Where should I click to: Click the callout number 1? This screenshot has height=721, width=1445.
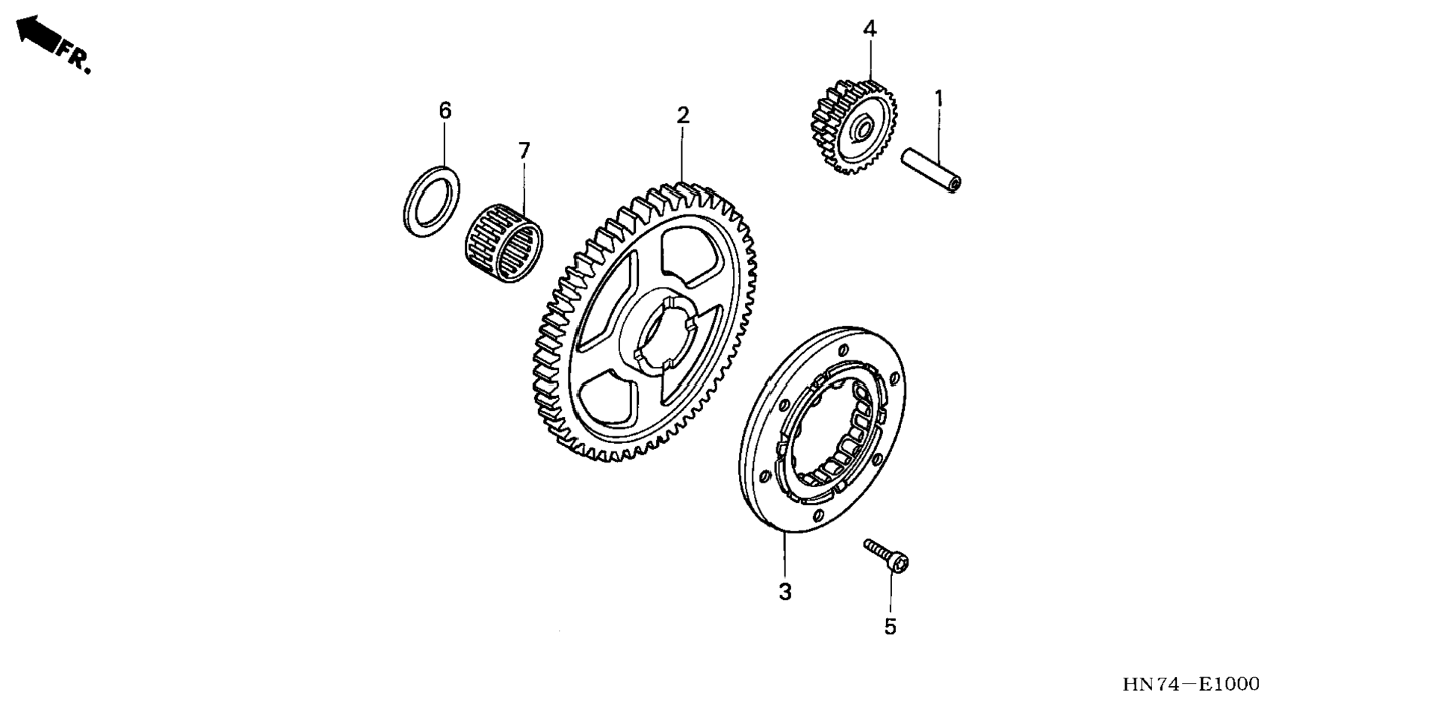(x=938, y=99)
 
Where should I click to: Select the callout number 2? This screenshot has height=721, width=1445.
(x=682, y=116)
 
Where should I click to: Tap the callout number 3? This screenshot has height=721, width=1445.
(x=785, y=592)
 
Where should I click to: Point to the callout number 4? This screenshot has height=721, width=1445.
(x=869, y=29)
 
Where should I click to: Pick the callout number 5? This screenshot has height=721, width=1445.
(x=890, y=627)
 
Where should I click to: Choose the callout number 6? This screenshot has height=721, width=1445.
(x=445, y=111)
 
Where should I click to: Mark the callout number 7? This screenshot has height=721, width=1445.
(x=524, y=152)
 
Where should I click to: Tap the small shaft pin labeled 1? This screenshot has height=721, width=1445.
(x=931, y=171)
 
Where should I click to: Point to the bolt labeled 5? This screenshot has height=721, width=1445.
(x=886, y=555)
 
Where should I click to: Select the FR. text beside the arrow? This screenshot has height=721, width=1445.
(x=75, y=58)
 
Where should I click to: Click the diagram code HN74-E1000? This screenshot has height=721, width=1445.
(x=1190, y=684)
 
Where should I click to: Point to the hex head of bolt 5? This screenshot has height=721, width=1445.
(x=900, y=564)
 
